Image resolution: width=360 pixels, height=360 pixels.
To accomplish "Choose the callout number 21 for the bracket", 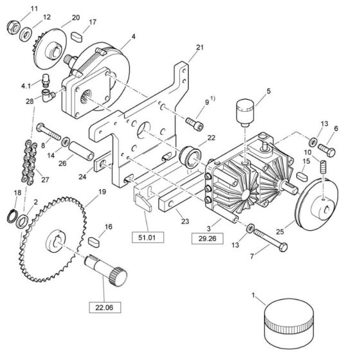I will (199, 48).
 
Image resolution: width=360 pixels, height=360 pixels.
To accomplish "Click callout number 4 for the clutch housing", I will (134, 37).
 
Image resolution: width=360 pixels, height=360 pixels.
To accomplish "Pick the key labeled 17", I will (76, 36).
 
